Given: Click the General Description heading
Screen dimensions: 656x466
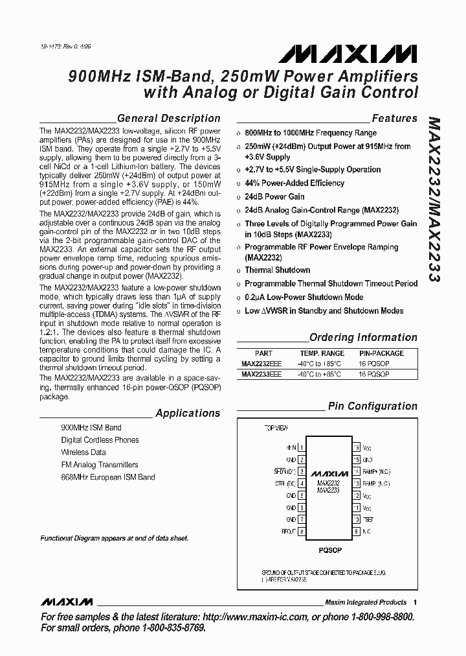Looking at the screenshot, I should [169, 118].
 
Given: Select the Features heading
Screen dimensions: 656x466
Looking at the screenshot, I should [394, 118].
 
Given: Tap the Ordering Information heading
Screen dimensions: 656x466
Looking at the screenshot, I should [363, 337].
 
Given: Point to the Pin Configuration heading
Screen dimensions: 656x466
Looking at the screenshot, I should [372, 406].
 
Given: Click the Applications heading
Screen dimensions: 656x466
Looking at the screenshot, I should [188, 413].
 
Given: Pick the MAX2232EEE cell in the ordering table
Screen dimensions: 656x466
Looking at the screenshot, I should [261, 364].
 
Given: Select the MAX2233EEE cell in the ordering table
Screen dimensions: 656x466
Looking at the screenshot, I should [261, 374].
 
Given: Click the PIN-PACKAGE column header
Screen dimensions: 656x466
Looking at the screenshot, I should [381, 353].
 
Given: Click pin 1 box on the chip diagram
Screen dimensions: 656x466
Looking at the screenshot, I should [302, 447].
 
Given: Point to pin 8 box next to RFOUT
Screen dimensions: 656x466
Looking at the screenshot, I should [302, 531].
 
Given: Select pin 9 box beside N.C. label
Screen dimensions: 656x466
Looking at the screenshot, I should [356, 531].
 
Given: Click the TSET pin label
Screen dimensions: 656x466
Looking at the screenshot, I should [368, 519].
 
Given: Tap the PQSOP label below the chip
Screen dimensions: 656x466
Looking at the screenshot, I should [329, 550].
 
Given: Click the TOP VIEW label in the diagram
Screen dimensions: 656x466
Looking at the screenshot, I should [277, 428].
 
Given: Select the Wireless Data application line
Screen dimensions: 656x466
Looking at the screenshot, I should [83, 452].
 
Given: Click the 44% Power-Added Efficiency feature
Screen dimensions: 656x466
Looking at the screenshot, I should [294, 183].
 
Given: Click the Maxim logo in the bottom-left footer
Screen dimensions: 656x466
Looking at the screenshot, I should [67, 602].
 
